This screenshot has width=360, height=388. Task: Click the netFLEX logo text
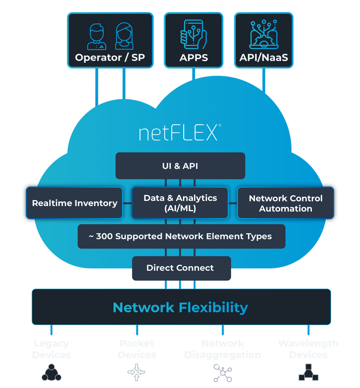178,133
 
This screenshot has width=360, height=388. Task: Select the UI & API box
180,166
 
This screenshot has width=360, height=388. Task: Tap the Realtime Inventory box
75,203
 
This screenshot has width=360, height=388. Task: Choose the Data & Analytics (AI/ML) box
180,203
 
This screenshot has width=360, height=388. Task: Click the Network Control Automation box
285,203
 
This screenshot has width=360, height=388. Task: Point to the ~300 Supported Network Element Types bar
181,236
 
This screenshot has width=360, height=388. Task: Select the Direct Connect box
180,268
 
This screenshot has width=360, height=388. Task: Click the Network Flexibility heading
181,307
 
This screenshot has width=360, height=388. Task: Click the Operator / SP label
110,58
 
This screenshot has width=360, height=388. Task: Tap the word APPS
194,58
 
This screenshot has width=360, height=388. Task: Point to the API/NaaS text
263,58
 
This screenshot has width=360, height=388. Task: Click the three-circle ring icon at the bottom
51,372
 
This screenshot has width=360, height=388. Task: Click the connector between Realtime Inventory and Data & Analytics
127,203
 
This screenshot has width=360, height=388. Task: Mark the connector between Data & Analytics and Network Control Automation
233,203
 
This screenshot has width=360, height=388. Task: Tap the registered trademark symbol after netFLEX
220,126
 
